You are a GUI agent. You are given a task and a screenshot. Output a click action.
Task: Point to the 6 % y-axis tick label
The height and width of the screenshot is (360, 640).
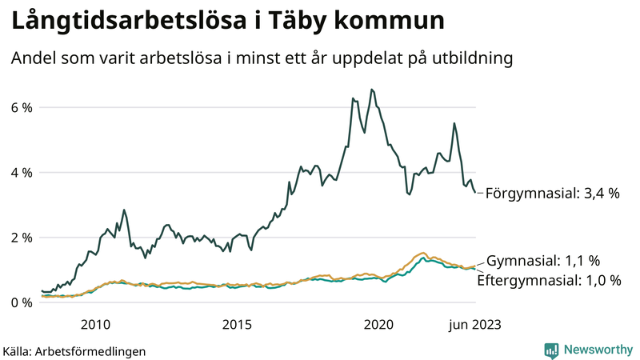[x=22, y=107]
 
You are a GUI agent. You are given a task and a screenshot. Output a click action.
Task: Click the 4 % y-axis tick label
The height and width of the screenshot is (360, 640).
[x=22, y=173]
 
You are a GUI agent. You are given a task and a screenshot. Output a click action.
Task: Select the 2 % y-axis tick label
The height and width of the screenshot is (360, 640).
[x=22, y=238]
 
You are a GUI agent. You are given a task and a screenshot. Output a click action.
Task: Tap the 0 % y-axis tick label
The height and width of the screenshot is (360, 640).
[x=22, y=302]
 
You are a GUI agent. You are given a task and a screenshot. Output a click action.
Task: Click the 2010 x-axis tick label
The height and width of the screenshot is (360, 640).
[x=95, y=324]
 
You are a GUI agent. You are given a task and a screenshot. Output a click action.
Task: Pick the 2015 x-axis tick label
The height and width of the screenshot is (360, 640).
[x=237, y=324]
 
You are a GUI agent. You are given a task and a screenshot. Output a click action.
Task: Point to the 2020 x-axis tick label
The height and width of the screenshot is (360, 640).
[x=378, y=324]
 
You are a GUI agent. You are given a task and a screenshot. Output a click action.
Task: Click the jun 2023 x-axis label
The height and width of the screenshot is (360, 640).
[x=475, y=324]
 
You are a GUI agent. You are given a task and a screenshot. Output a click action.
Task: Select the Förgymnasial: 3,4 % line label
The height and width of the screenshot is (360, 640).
[x=553, y=193]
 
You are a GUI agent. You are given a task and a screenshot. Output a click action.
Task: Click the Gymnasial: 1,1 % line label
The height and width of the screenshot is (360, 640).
[x=543, y=261]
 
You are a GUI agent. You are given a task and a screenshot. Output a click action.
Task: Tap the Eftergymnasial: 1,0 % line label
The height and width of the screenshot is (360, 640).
[x=549, y=280]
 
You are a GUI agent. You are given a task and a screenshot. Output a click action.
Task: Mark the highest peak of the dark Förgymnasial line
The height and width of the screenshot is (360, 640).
[x=371, y=90]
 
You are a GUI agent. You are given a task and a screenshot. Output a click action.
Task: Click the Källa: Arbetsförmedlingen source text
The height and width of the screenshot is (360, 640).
[x=74, y=350]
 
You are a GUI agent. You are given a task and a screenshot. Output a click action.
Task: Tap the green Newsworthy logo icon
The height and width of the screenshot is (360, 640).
[x=551, y=350]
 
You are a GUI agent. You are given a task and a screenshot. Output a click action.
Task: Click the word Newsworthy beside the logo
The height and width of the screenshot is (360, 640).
[x=597, y=350]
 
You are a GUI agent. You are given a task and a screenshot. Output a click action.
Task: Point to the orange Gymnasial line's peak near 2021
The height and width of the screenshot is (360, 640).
[x=423, y=253]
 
